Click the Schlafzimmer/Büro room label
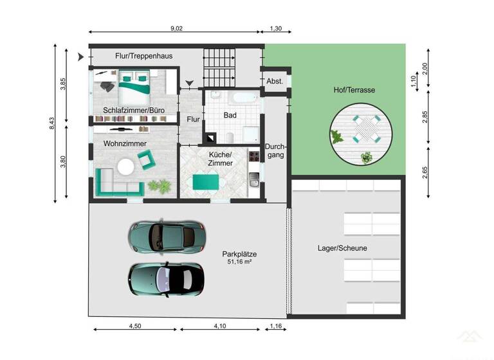129,111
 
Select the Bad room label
230,115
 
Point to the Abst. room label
275,81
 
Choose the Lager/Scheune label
342,248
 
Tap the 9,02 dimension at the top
176,28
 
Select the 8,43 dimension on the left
52,123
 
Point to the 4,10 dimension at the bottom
220,327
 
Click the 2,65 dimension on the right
425,173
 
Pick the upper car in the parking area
167,237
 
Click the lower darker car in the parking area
167,278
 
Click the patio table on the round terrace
365,129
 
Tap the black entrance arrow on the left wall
80,58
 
